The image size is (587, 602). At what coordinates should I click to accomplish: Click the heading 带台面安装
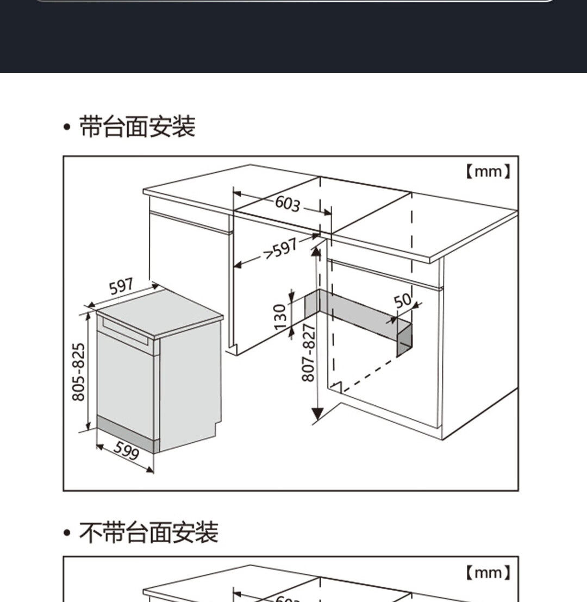pos(137,127)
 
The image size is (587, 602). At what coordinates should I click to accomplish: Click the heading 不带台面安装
pos(148,532)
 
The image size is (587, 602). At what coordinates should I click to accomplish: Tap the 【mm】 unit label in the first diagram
pos(488,172)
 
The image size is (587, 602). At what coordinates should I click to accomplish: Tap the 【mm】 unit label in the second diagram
pos(488,572)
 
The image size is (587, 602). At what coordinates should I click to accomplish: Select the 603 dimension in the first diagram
pos(287,203)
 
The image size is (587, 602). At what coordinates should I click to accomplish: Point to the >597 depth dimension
pos(280,249)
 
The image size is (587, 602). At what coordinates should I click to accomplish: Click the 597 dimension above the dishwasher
pos(122,286)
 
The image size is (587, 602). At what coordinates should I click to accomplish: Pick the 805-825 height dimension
pos(79,372)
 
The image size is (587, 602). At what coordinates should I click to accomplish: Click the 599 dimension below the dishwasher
pos(127,450)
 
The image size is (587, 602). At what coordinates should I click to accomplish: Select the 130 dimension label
pos(280,316)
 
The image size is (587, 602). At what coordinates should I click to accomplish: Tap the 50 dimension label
pos(402,300)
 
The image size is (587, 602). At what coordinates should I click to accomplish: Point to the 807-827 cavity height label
pos(308,353)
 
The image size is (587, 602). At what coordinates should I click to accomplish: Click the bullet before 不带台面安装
pos(67,533)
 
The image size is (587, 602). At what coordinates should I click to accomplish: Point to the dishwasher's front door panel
pos(125,380)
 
